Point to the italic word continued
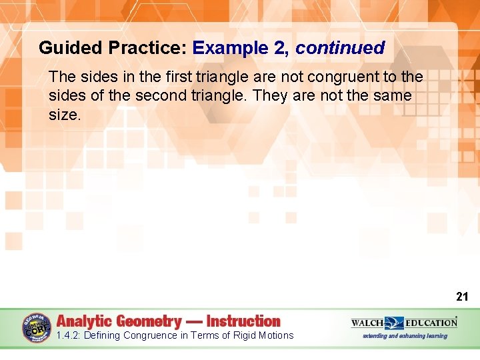pos(340,48)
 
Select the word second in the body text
pos(161,96)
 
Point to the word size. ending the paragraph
pos(65,115)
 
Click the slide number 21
pos(462,297)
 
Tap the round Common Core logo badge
pos(37,328)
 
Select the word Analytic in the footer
pos(85,321)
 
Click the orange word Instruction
pos(243,321)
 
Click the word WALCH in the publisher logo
pos(367,323)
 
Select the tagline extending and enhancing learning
pos(405,336)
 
